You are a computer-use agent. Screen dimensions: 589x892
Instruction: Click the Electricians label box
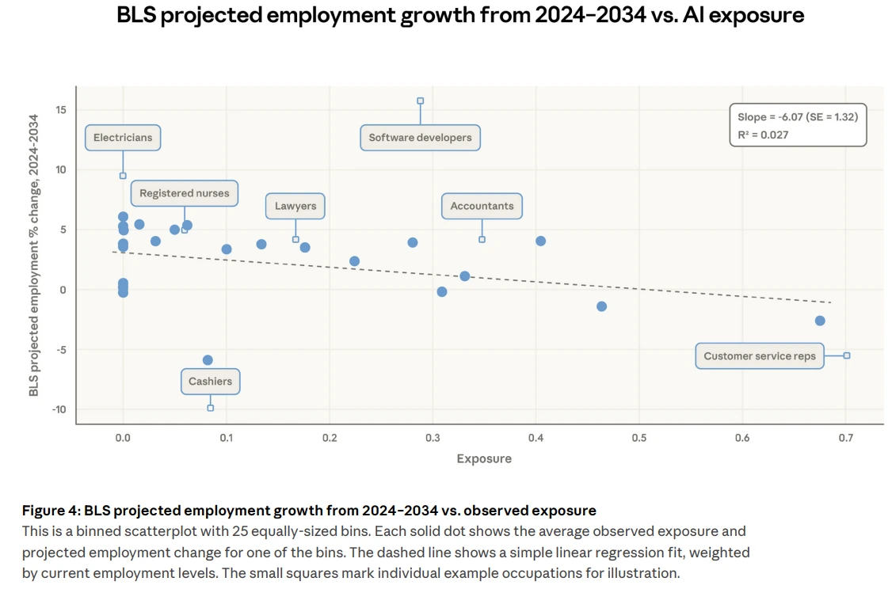tap(123, 138)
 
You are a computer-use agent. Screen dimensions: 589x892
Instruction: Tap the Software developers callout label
tap(420, 138)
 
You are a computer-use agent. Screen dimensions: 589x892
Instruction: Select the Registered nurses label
tap(184, 193)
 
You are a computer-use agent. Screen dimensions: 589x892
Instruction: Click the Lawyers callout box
tap(295, 206)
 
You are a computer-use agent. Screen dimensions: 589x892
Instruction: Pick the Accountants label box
tap(482, 206)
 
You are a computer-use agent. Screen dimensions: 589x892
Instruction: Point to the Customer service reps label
tap(759, 356)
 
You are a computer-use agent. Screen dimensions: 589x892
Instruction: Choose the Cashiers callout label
tap(210, 382)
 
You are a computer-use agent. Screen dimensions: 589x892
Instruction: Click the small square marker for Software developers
tap(420, 101)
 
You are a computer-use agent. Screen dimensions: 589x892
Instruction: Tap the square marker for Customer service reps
tap(846, 355)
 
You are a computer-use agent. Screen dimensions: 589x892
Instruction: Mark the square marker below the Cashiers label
tap(210, 408)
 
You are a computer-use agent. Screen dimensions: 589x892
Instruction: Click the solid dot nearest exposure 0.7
tap(820, 321)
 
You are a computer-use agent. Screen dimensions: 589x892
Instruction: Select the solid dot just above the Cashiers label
tap(208, 360)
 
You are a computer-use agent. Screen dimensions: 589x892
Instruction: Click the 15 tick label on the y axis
tap(61, 109)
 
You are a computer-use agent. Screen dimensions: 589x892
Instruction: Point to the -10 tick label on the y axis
tap(59, 409)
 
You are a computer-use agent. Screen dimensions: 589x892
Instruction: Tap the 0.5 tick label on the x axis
tap(639, 438)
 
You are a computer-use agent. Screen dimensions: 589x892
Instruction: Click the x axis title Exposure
tap(484, 458)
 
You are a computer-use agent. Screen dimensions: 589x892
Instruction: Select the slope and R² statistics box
tap(797, 125)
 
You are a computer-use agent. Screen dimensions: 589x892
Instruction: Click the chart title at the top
tap(460, 15)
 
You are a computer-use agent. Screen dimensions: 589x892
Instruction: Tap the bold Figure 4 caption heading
tap(309, 510)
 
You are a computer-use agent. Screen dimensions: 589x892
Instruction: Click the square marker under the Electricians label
tap(123, 176)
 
